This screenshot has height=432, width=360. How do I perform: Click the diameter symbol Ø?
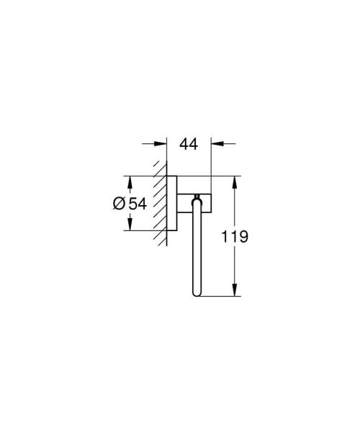[119, 204]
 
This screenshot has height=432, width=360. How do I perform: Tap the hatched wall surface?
[160, 205]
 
